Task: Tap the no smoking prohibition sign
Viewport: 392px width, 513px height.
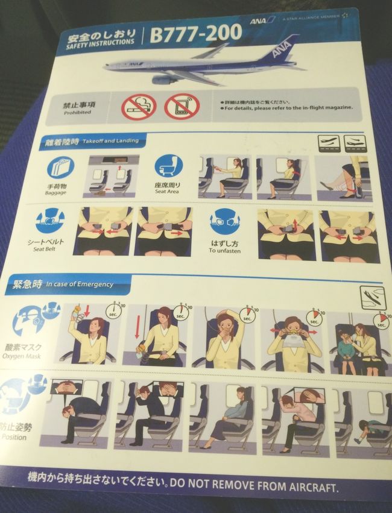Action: [138, 107]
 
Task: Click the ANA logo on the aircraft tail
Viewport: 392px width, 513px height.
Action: [281, 49]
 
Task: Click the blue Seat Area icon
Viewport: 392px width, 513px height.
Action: [168, 166]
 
